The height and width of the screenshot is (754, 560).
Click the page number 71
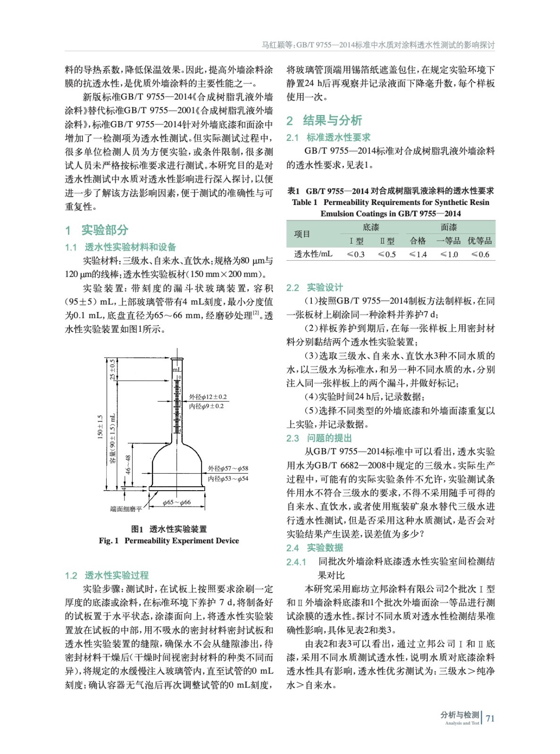490,718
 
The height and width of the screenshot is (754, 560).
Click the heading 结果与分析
332,121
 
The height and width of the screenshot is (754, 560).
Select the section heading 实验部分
105,230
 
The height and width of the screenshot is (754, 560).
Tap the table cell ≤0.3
356,254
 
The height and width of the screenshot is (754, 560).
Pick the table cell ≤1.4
418,254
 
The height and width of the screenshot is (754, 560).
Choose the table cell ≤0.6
480,254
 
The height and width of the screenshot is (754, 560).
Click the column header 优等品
480,241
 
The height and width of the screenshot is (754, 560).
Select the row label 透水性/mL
313,254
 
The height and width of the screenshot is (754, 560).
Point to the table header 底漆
371,228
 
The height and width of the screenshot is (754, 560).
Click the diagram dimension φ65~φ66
176,502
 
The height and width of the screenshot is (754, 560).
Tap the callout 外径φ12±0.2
208,397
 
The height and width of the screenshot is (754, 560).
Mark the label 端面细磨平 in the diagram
126,509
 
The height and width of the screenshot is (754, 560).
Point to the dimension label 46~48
128,464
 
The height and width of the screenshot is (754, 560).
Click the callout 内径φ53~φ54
228,479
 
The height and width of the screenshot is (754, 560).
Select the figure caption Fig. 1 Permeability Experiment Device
169,541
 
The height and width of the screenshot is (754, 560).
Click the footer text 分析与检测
460,715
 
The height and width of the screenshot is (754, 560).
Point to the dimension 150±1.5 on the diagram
100,427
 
